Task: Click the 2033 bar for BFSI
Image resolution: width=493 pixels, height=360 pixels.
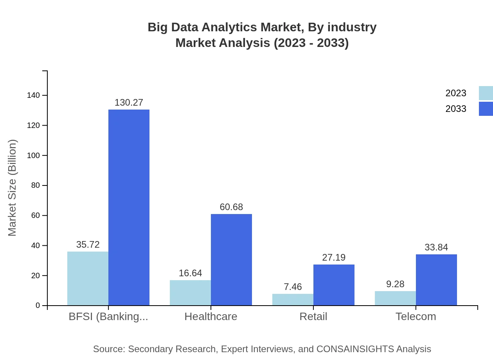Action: pos(129,207)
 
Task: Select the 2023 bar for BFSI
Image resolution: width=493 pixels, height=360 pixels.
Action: pos(88,278)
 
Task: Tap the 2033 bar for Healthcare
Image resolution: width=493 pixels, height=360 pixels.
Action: pos(231,259)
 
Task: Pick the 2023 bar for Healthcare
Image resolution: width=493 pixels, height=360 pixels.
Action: pos(190,293)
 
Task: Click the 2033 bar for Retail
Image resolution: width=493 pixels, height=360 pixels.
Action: pos(334,285)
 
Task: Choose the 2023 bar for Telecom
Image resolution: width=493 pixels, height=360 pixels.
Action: pos(395,298)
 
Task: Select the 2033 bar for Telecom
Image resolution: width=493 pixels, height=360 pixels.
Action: pos(436,280)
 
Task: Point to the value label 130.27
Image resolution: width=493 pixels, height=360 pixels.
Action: pos(129,103)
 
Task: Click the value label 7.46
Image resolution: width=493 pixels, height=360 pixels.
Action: pos(293,287)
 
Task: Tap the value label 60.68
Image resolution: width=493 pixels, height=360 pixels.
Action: pos(231,207)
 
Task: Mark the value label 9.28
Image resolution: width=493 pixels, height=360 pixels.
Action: pos(395,284)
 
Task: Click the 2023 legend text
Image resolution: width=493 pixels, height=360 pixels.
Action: pos(456,93)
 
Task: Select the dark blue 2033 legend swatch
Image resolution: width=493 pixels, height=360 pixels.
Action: pos(486,109)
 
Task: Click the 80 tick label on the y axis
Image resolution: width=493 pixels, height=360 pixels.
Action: pos(36,185)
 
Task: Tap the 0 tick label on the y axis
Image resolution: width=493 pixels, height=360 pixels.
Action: pos(38,306)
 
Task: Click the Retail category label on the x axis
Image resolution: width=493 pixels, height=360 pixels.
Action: pos(313,317)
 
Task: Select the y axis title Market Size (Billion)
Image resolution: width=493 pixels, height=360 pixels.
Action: pos(13,188)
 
